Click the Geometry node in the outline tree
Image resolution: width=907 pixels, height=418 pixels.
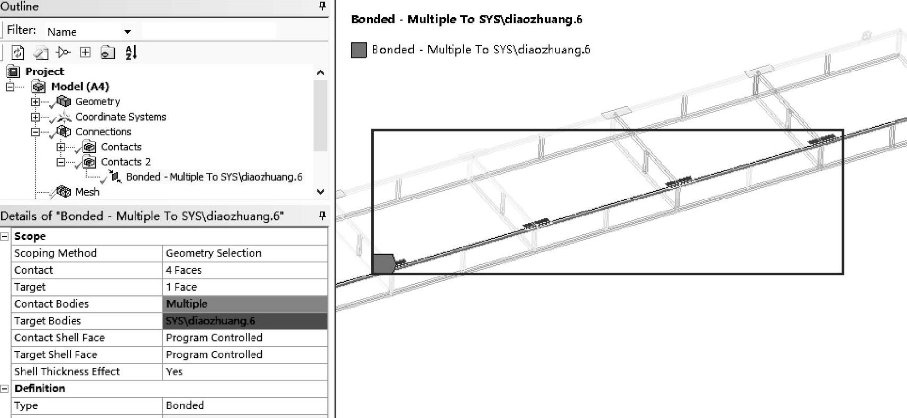pyautogui.click(x=98, y=101)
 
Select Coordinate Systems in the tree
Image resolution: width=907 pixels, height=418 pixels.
pyautogui.click(x=121, y=117)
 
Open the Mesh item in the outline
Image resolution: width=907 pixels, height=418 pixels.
pyautogui.click(x=87, y=192)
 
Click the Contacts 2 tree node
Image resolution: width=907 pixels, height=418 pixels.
pyautogui.click(x=125, y=162)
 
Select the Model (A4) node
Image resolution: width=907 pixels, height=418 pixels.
pyautogui.click(x=80, y=86)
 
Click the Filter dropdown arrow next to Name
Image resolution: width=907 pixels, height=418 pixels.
pyautogui.click(x=127, y=32)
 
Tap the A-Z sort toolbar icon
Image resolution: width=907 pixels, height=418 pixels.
pyautogui.click(x=131, y=52)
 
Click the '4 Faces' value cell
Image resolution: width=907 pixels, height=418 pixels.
pyautogui.click(x=245, y=270)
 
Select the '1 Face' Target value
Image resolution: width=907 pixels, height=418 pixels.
pyautogui.click(x=245, y=287)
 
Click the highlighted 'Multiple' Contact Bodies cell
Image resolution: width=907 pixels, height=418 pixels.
pyautogui.click(x=245, y=304)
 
